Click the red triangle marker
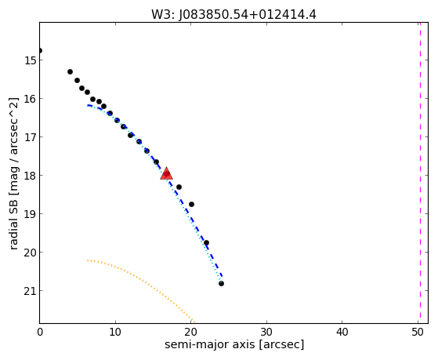(166, 173)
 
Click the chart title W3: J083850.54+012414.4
(233, 15)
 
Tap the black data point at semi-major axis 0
(40, 51)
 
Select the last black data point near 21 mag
(221, 284)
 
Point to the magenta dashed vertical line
(420, 173)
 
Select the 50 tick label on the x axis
(418, 332)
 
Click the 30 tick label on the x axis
(266, 332)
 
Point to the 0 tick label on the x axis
(40, 332)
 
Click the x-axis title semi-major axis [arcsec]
(234, 344)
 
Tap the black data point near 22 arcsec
(206, 243)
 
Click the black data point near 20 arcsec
(191, 205)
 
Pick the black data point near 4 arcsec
(70, 72)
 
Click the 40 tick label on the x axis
(342, 332)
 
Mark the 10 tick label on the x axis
(115, 332)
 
